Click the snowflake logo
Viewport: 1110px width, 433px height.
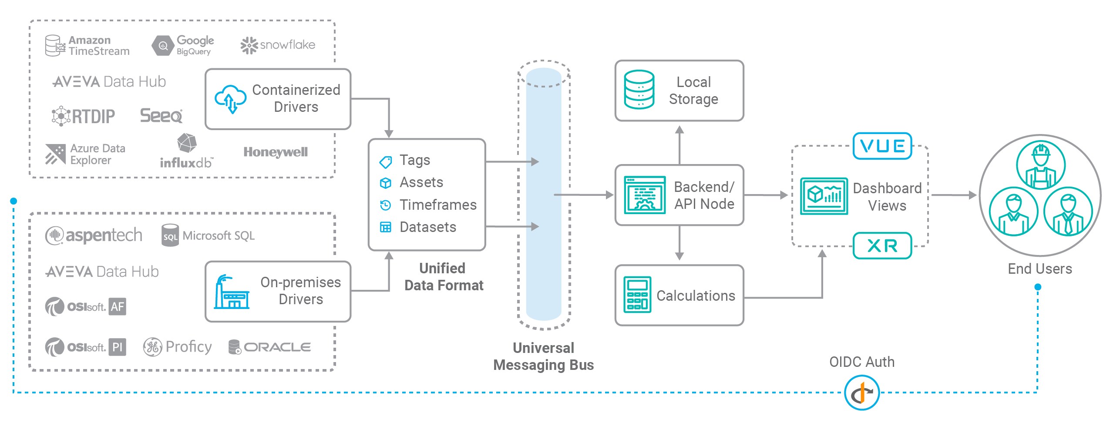[x=278, y=45]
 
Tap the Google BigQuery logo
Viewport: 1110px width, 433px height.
[x=183, y=45]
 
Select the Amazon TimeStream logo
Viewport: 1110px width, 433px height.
[x=87, y=46]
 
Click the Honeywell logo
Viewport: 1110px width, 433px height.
[x=275, y=152]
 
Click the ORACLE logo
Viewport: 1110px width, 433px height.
[x=269, y=347]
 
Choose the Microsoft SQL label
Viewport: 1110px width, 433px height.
[x=218, y=235]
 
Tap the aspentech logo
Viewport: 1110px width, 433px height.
[x=94, y=235]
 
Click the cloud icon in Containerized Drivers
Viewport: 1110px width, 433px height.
[x=230, y=99]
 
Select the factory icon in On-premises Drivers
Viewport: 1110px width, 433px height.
[x=231, y=292]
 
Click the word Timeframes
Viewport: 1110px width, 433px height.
[x=438, y=205]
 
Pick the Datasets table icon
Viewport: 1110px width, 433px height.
[x=385, y=227]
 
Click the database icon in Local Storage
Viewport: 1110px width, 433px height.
[x=639, y=90]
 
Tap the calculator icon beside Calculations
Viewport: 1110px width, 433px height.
[x=637, y=295]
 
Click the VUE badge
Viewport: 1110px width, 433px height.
[x=882, y=146]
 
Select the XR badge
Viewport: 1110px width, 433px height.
[x=882, y=246]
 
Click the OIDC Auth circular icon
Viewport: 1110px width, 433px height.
[x=861, y=393]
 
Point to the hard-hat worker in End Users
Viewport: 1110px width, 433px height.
[x=1040, y=165]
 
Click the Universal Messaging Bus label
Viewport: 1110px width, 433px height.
[x=543, y=356]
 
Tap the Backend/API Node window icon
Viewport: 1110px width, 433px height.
[x=644, y=195]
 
